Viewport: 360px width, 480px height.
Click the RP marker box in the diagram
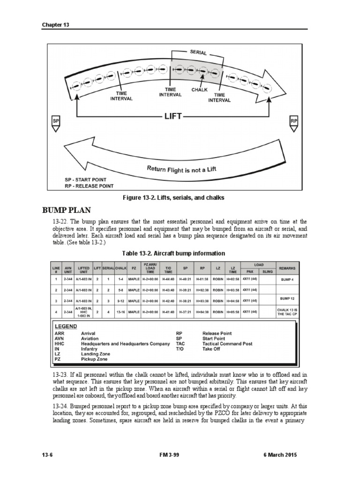tap(294, 121)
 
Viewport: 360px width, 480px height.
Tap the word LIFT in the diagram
tap(172, 116)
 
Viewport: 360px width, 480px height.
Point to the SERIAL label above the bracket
tap(198, 52)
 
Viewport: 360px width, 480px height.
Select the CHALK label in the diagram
tap(200, 89)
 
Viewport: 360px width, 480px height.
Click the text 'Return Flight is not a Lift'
tap(181, 170)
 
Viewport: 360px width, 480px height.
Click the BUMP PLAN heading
tap(66, 210)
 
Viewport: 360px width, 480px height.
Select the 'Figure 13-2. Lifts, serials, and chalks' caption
tap(173, 198)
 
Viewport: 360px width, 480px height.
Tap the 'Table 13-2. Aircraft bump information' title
tap(173, 253)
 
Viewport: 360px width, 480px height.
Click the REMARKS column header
tap(287, 268)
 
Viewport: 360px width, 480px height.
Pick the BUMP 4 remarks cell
tap(287, 279)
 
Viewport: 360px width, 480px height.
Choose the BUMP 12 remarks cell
tap(287, 298)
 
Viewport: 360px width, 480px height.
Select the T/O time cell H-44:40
tap(168, 279)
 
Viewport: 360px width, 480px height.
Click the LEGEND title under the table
tap(66, 326)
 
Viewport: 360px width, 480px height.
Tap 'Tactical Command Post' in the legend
tap(227, 344)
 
